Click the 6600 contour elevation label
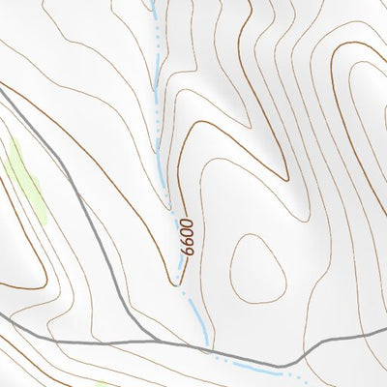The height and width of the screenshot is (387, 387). click(x=186, y=237)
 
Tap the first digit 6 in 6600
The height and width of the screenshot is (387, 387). click(x=183, y=253)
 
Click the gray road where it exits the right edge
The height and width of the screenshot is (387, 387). click(x=385, y=331)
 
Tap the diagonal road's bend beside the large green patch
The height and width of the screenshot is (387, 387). click(x=73, y=179)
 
